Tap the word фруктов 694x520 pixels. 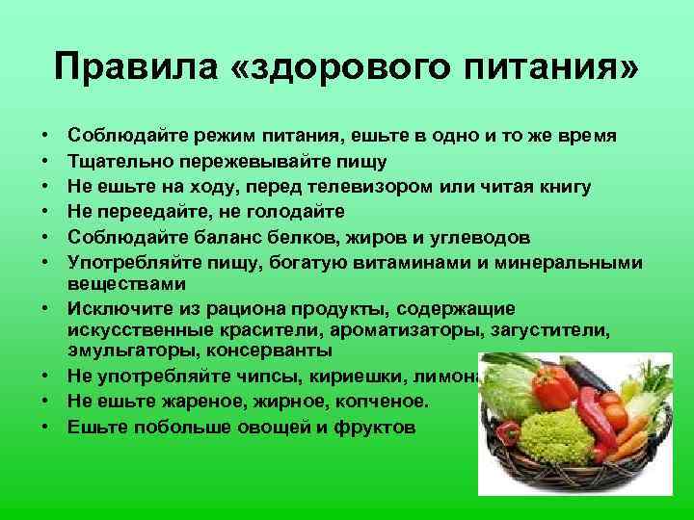374,426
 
